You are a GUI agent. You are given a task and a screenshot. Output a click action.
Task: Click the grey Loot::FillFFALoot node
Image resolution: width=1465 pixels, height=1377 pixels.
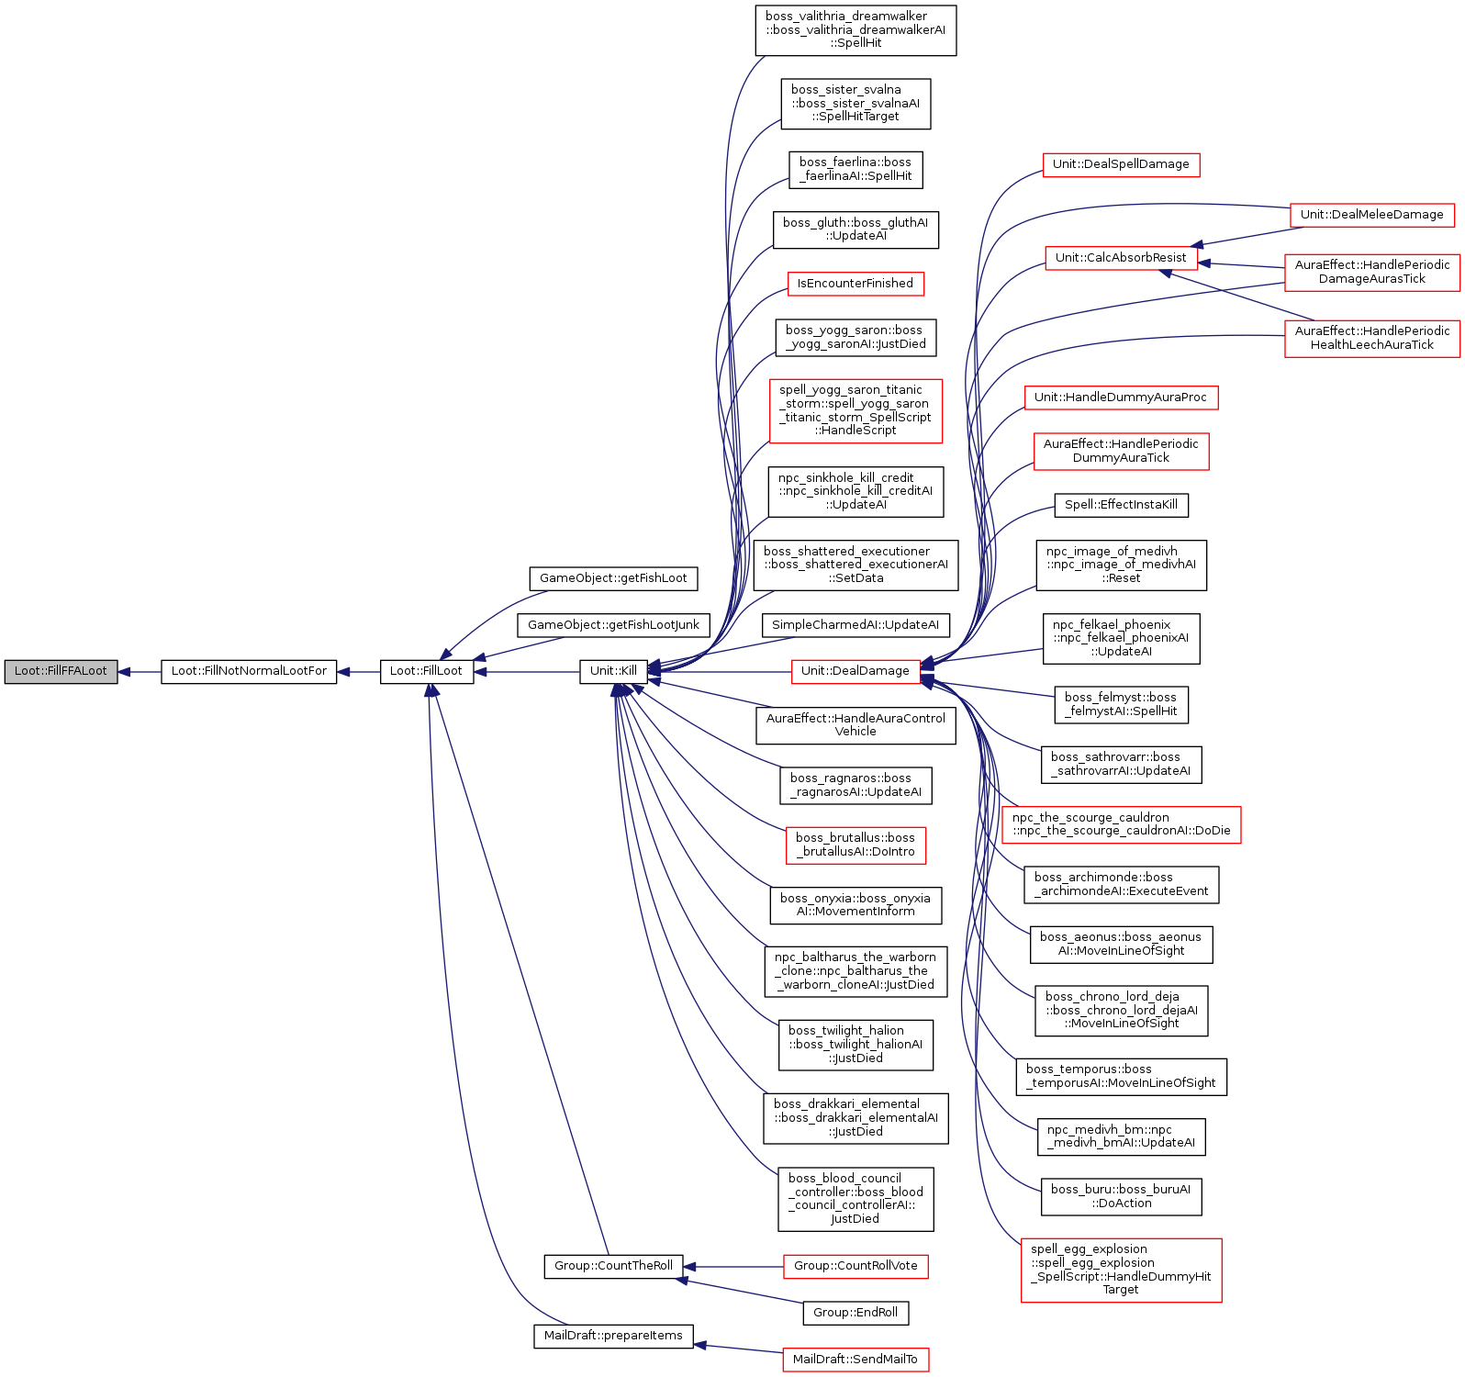[x=61, y=671]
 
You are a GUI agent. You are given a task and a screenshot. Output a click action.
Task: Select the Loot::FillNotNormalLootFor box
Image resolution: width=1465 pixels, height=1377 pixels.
[x=249, y=671]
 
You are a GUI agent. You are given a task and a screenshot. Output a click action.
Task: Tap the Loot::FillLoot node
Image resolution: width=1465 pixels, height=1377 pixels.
[x=427, y=671]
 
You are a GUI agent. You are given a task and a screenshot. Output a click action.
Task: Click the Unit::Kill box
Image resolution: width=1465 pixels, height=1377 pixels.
[x=613, y=671]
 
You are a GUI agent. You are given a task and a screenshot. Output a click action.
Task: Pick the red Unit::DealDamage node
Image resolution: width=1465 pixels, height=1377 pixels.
[x=856, y=671]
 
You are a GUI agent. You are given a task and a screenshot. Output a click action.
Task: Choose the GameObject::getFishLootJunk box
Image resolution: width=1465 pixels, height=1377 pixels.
[x=613, y=625]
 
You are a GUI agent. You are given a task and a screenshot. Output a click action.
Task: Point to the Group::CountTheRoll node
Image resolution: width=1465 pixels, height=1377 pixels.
[x=613, y=1266]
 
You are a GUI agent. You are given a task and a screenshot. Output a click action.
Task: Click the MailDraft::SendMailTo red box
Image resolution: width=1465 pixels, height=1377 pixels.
[x=856, y=1360]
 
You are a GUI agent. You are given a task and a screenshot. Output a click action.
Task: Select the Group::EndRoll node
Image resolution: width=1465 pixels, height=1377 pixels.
[x=856, y=1313]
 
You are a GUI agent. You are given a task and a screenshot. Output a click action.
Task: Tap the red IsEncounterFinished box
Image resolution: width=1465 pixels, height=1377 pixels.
[x=856, y=284]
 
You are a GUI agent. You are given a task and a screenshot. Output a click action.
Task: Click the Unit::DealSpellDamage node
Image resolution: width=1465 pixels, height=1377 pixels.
[x=1121, y=164]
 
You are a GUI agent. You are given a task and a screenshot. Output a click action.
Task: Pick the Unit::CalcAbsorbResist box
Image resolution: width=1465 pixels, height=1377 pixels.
[x=1121, y=258]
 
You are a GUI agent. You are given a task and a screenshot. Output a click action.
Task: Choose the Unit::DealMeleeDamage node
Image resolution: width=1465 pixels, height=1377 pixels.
[x=1372, y=215]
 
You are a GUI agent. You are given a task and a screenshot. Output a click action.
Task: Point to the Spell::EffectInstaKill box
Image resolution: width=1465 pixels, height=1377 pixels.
[x=1121, y=505]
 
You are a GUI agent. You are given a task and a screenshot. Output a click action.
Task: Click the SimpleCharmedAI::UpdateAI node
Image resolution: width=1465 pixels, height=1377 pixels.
[x=856, y=625]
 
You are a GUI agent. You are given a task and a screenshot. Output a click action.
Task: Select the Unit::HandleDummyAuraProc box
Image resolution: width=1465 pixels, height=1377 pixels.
[x=1121, y=397]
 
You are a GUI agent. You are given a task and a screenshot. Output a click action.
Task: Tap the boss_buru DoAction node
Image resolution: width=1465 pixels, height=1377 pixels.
[x=1121, y=1196]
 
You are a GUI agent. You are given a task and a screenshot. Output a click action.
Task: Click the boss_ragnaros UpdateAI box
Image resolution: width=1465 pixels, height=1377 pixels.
[x=856, y=785]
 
